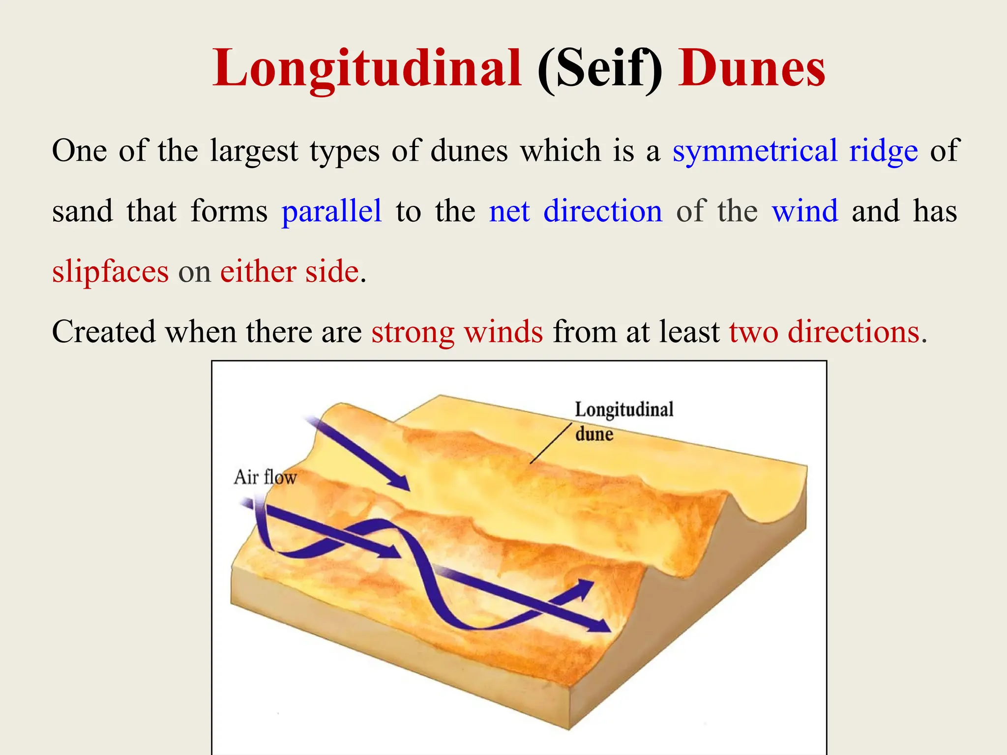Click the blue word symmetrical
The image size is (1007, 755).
pyautogui.click(x=755, y=151)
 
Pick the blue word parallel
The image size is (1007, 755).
pyautogui.click(x=331, y=211)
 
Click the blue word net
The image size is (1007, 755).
pyautogui.click(x=509, y=211)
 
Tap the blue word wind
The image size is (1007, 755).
pyautogui.click(x=805, y=211)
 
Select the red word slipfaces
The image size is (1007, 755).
pyautogui.click(x=110, y=272)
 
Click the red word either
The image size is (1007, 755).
pyautogui.click(x=257, y=272)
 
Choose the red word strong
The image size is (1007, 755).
pyautogui.click(x=413, y=332)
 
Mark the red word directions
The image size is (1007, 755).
pyautogui.click(x=854, y=332)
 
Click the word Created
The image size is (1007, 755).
pyautogui.click(x=104, y=332)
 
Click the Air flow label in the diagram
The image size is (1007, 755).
pyautogui.click(x=265, y=477)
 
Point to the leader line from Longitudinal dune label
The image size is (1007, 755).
pyautogui.click(x=551, y=443)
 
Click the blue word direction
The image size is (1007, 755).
pyautogui.click(x=603, y=211)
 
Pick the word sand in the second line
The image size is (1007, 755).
pyautogui.click(x=83, y=211)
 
